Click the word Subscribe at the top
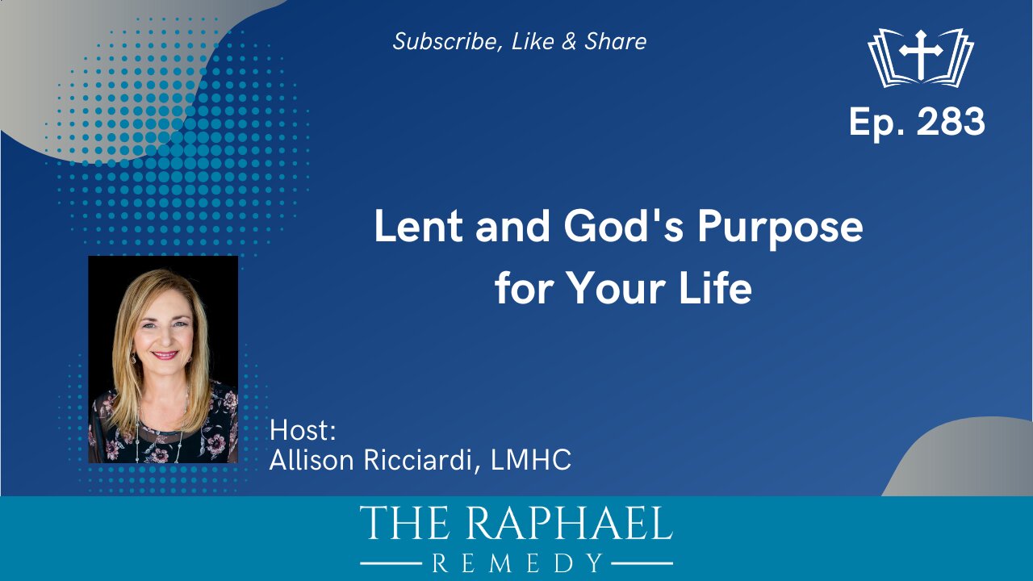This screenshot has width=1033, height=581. [x=445, y=41]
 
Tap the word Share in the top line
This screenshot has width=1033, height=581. [x=616, y=41]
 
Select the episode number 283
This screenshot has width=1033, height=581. [x=951, y=121]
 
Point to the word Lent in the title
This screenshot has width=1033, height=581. [x=418, y=227]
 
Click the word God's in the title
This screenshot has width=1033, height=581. [x=623, y=227]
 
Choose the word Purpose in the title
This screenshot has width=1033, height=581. [x=780, y=228]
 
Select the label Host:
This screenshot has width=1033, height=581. [x=303, y=430]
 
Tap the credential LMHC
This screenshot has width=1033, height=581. [x=531, y=460]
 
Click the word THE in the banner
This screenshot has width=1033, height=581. [x=404, y=523]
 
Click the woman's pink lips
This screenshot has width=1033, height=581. [x=165, y=354]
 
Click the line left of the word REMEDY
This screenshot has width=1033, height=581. [x=391, y=563]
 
